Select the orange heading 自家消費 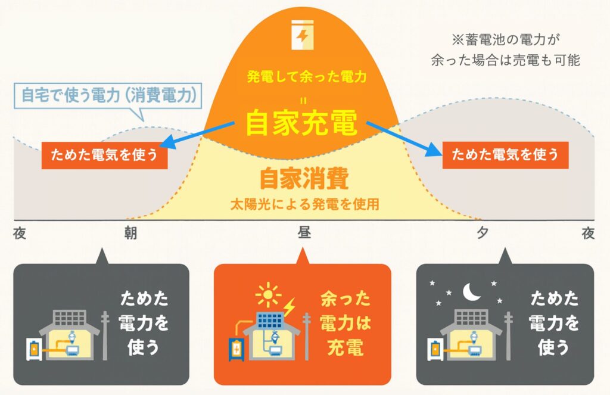(x=304, y=178)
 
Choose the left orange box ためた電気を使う (x=104, y=156)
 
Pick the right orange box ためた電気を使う (x=505, y=155)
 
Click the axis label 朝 (x=130, y=234)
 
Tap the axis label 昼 (x=304, y=234)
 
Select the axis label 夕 (x=481, y=234)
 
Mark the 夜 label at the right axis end (x=588, y=234)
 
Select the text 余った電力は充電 (x=345, y=323)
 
